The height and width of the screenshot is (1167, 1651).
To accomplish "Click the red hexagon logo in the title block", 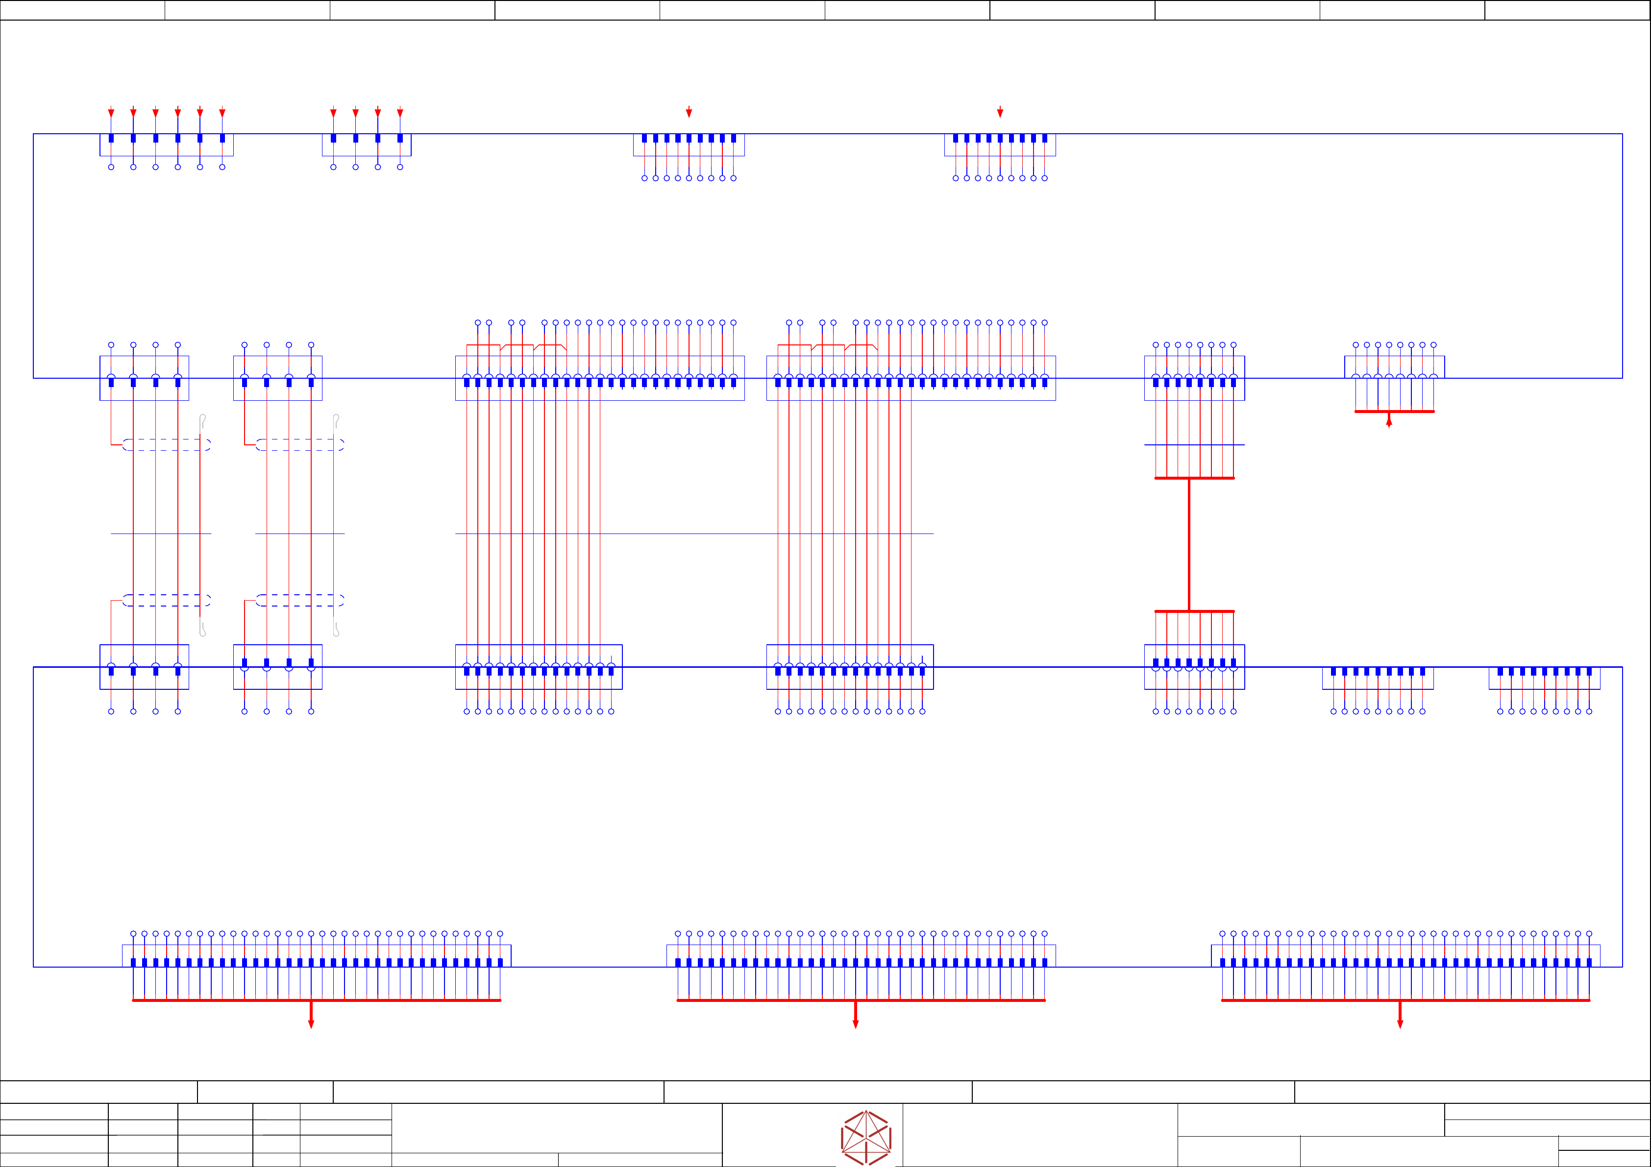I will pyautogui.click(x=866, y=1138).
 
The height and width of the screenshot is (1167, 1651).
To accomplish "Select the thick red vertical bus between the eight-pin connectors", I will pyautogui.click(x=1189, y=544).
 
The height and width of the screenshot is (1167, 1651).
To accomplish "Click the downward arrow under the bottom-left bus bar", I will pyautogui.click(x=311, y=1022).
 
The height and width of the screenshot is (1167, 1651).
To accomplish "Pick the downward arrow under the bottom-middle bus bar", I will pyautogui.click(x=855, y=1022).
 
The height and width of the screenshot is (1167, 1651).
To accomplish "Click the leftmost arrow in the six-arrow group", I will pyautogui.click(x=111, y=113).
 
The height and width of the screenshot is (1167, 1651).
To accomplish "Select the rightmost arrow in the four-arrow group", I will pyautogui.click(x=400, y=113).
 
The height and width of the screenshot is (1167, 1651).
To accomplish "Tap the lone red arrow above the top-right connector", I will pyautogui.click(x=1000, y=112).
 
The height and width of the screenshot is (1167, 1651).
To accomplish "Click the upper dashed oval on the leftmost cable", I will pyautogui.click(x=166, y=445).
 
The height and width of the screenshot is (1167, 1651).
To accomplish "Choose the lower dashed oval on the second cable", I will pyautogui.click(x=300, y=600).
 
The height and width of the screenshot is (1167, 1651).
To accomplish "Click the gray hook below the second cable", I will pyautogui.click(x=336, y=629).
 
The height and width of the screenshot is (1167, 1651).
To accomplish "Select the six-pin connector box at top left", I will pyautogui.click(x=166, y=145).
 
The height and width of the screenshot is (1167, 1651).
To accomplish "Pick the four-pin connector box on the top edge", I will pyautogui.click(x=366, y=145).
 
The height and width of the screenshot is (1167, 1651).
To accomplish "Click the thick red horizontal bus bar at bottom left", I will pyautogui.click(x=317, y=1000).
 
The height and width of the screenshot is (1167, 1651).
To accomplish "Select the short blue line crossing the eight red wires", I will pyautogui.click(x=1194, y=445).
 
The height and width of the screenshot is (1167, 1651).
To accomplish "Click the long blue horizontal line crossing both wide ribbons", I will pyautogui.click(x=694, y=534).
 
